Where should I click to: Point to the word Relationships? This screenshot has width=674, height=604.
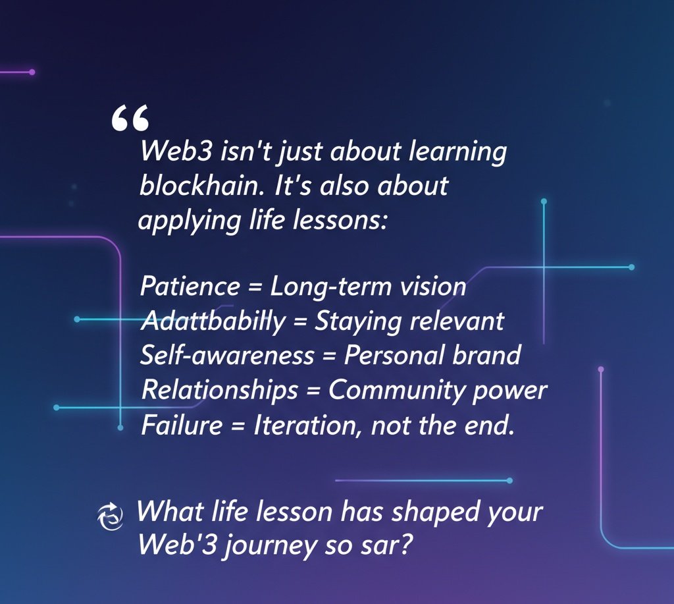tap(220, 390)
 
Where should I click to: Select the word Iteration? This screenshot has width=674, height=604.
tap(308, 425)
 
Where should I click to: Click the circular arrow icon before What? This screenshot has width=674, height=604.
tap(110, 514)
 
